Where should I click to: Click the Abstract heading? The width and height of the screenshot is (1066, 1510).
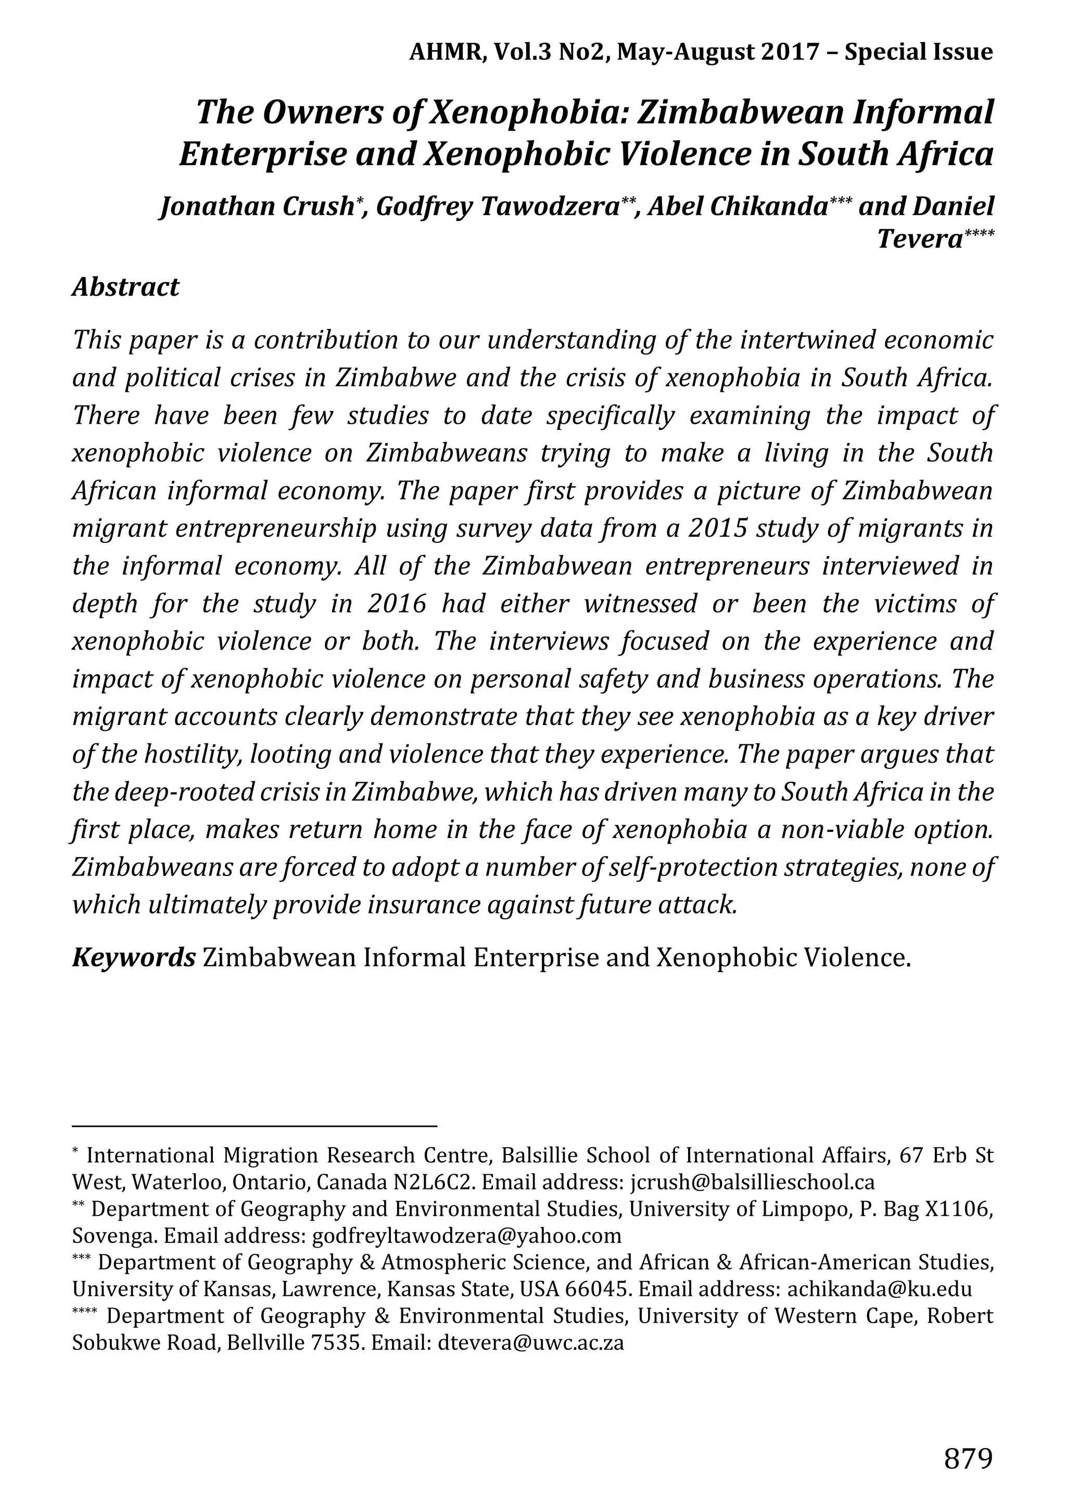coord(125,287)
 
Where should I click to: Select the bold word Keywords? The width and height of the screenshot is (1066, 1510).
coord(133,958)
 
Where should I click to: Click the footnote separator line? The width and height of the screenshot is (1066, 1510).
coord(255,1126)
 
